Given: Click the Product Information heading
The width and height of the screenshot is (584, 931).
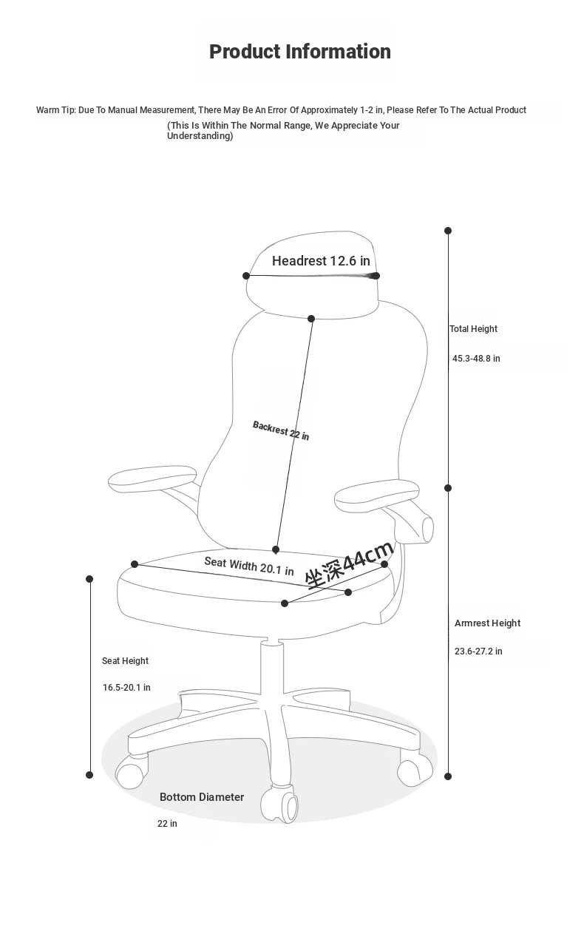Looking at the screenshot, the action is click(x=300, y=52).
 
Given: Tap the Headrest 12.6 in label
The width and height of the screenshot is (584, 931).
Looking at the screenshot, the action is click(x=321, y=260).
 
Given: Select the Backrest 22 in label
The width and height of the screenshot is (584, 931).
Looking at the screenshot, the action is click(x=281, y=430).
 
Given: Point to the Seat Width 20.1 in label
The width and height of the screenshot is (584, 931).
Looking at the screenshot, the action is click(x=249, y=566).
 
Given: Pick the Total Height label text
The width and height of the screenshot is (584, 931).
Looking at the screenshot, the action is click(x=473, y=329).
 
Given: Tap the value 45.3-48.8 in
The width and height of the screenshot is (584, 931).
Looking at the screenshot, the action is click(x=476, y=358).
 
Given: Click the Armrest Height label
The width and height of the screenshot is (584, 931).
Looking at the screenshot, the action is click(x=487, y=623).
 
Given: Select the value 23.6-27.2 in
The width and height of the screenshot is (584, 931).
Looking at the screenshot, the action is click(x=478, y=651).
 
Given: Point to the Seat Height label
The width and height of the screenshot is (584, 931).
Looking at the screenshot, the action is click(x=125, y=661).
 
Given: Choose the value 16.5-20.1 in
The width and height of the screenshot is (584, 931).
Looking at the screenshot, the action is click(x=126, y=688).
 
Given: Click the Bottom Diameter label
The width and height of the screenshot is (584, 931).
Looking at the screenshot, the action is click(x=202, y=796).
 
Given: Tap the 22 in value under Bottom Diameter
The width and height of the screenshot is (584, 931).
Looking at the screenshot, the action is click(x=167, y=823).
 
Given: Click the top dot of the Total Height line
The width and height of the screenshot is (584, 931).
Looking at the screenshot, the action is click(x=448, y=231).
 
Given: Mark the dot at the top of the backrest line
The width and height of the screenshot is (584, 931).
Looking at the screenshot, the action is click(x=311, y=319).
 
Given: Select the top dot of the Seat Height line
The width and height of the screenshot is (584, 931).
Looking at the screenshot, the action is click(x=89, y=579).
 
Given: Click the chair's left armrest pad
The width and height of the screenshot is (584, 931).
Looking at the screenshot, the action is click(x=152, y=478).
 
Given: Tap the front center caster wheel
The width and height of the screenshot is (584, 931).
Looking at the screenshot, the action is click(x=279, y=805).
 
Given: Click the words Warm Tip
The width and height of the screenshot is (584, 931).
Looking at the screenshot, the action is click(x=55, y=110).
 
